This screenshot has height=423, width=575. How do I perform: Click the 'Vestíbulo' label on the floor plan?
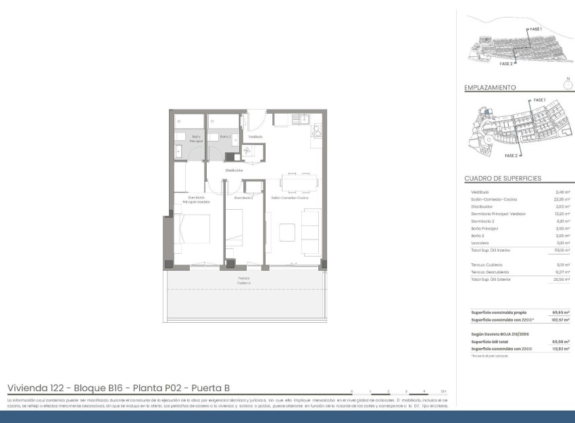pos(255,137)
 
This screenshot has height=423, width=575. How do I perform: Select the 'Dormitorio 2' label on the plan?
pos(243,198)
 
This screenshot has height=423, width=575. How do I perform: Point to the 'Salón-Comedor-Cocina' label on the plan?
pos(290,198)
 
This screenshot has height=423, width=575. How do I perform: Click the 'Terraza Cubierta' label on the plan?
pos(244,280)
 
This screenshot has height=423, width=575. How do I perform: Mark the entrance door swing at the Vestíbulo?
pos(257,122)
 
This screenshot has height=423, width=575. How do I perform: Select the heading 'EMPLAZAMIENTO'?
pos(490,87)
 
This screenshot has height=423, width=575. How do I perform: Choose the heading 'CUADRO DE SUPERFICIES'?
pos(503,179)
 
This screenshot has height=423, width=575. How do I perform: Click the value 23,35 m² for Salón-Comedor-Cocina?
pos(562,199)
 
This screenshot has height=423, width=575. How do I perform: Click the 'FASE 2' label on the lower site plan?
pos(510,155)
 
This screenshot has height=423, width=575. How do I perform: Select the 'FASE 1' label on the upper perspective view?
pos(535,30)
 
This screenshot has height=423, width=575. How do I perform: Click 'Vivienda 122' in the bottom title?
pos(35,388)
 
